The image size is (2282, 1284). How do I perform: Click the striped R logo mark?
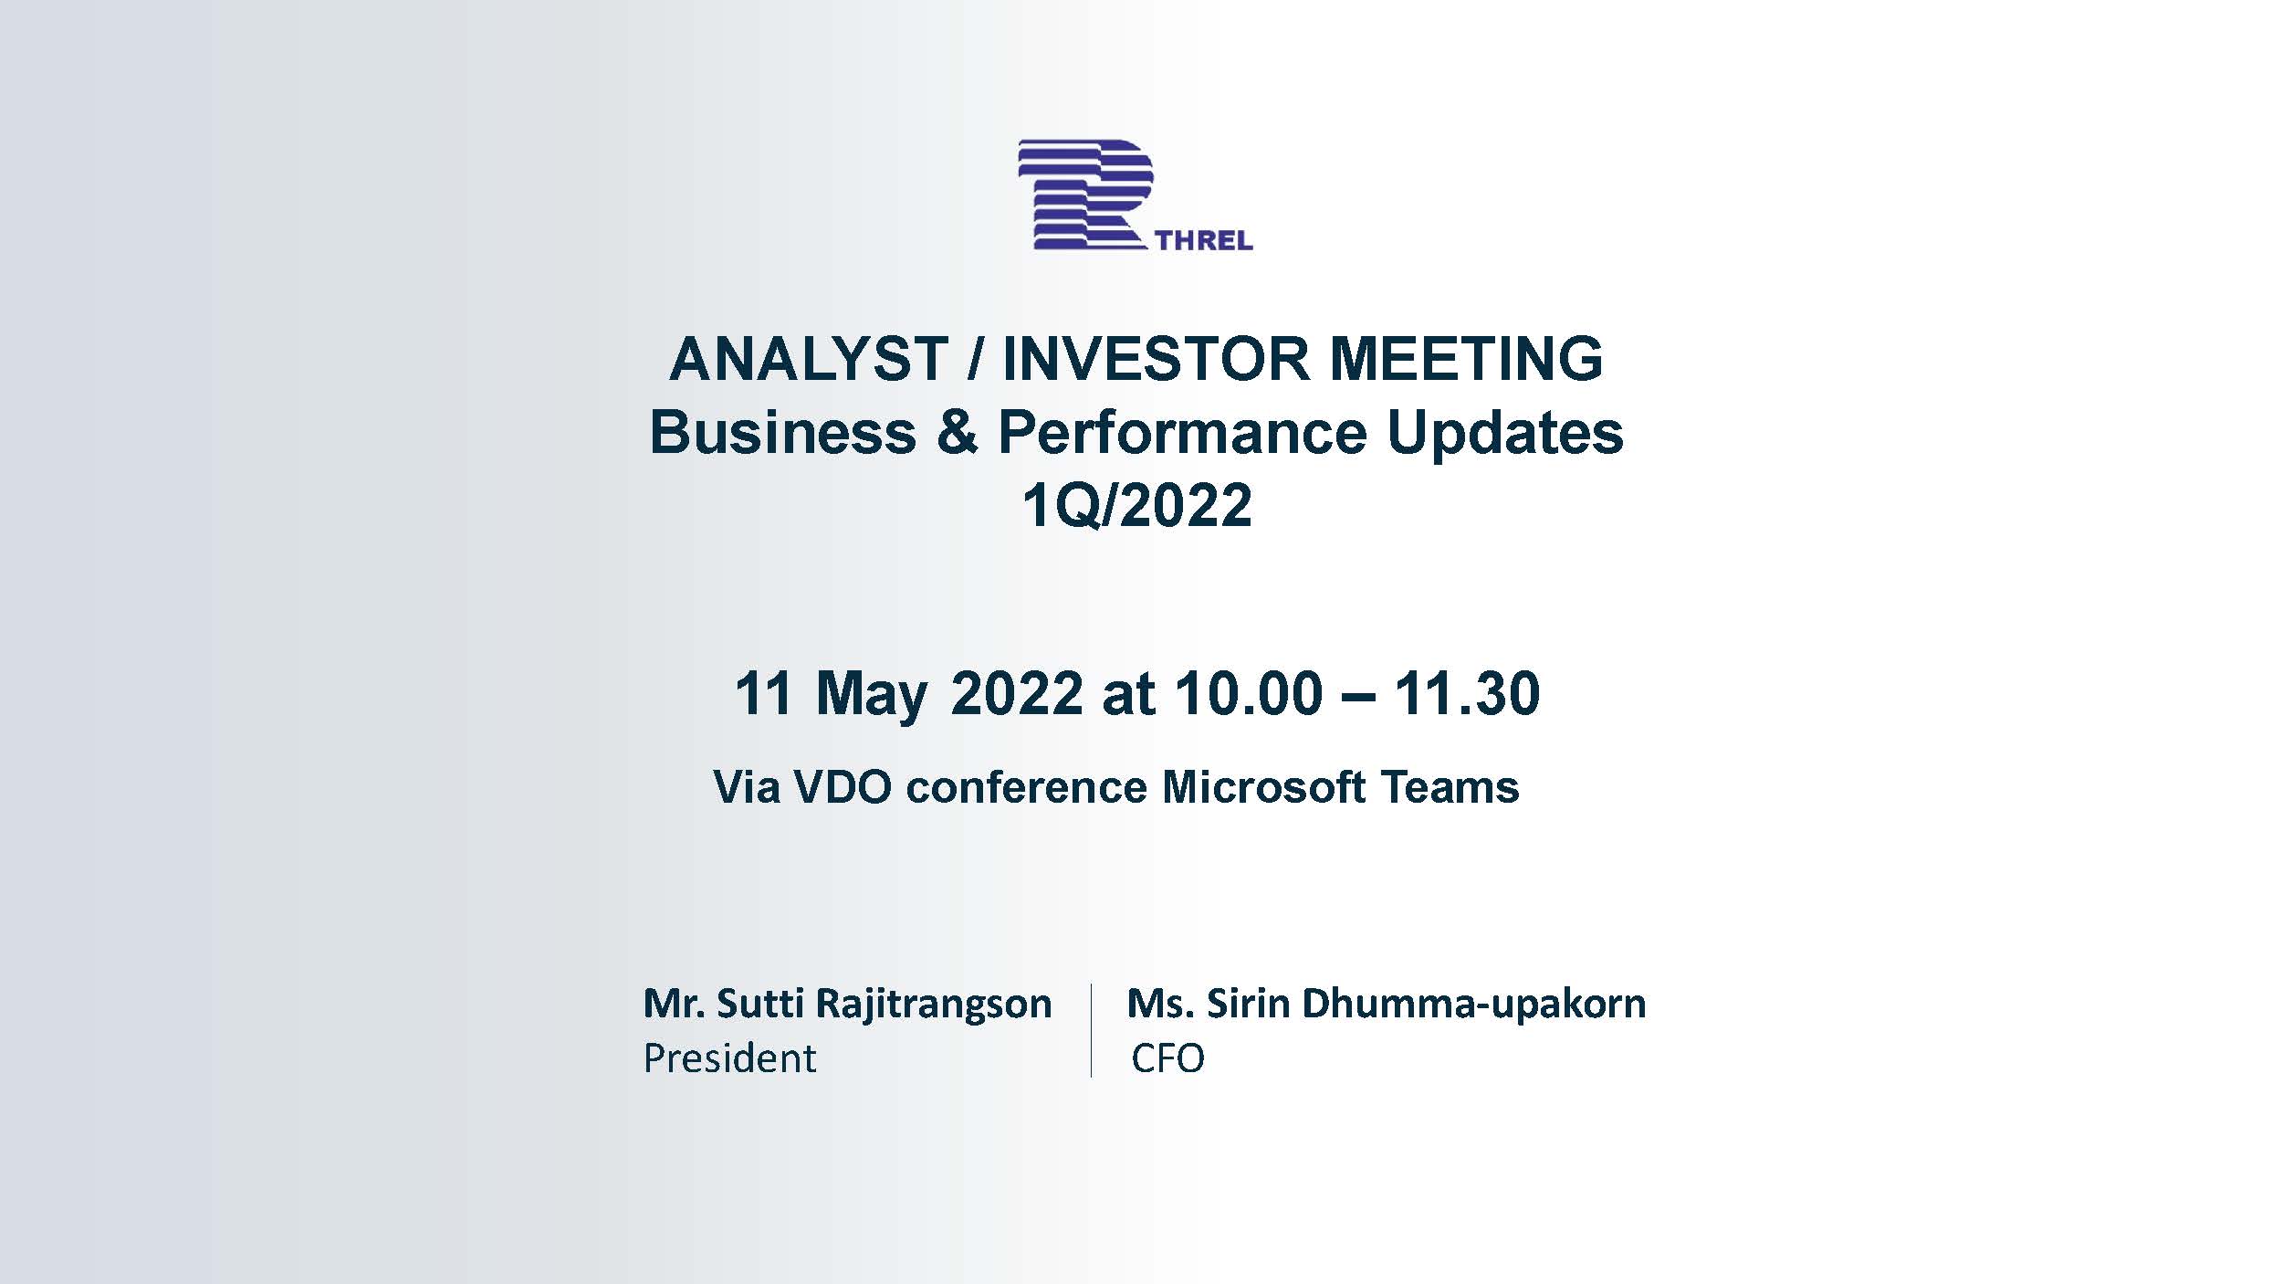1085,194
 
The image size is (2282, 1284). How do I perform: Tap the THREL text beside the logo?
1204,241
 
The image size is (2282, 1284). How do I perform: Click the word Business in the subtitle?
783,432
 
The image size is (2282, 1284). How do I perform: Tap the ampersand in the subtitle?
957,432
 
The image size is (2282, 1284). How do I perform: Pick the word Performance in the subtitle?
1182,432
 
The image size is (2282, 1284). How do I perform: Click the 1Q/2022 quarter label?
1137,506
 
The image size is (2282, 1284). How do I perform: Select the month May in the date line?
871,696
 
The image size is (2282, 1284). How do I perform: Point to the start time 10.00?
1249,693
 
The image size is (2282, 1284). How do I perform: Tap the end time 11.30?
1468,693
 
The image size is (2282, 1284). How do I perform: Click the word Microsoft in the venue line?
1263,787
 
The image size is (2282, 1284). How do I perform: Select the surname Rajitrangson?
933,1005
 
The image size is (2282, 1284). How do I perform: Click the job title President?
729,1058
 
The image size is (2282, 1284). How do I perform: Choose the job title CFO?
1168,1059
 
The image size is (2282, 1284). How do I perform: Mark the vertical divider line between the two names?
1091,1030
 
